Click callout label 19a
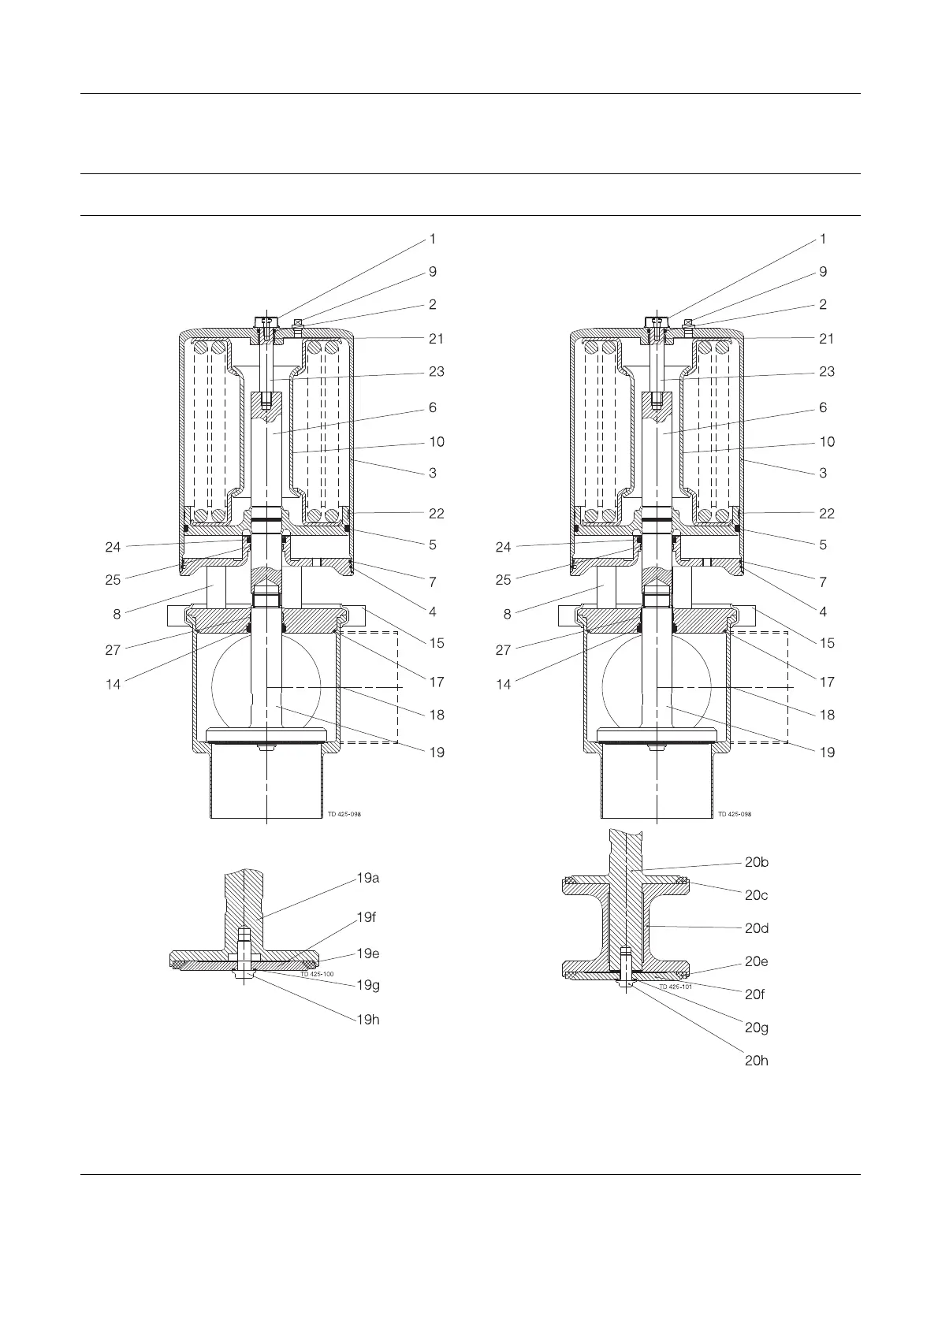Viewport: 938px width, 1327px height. [368, 878]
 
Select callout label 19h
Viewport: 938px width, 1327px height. [368, 1019]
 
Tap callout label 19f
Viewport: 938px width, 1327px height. [367, 917]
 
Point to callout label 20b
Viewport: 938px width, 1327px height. [757, 862]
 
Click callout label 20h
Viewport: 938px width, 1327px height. [757, 1061]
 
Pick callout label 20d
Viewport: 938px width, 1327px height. [757, 928]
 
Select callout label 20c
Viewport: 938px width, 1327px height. [757, 895]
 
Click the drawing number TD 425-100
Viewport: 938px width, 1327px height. [317, 975]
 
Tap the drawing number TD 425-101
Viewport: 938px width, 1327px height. [676, 987]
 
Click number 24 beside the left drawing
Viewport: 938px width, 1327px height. [114, 547]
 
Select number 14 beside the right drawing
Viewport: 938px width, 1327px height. [504, 685]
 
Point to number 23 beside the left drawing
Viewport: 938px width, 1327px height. [436, 371]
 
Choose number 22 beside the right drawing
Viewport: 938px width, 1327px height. [826, 513]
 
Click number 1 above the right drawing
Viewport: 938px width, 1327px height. [823, 239]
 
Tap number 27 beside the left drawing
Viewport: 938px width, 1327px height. [114, 650]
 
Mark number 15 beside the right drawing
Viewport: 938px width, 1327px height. [826, 643]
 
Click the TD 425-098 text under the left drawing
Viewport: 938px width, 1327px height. [344, 814]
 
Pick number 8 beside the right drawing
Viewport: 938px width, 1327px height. [507, 614]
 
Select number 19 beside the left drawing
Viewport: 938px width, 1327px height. [436, 752]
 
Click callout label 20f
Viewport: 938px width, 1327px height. [755, 994]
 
